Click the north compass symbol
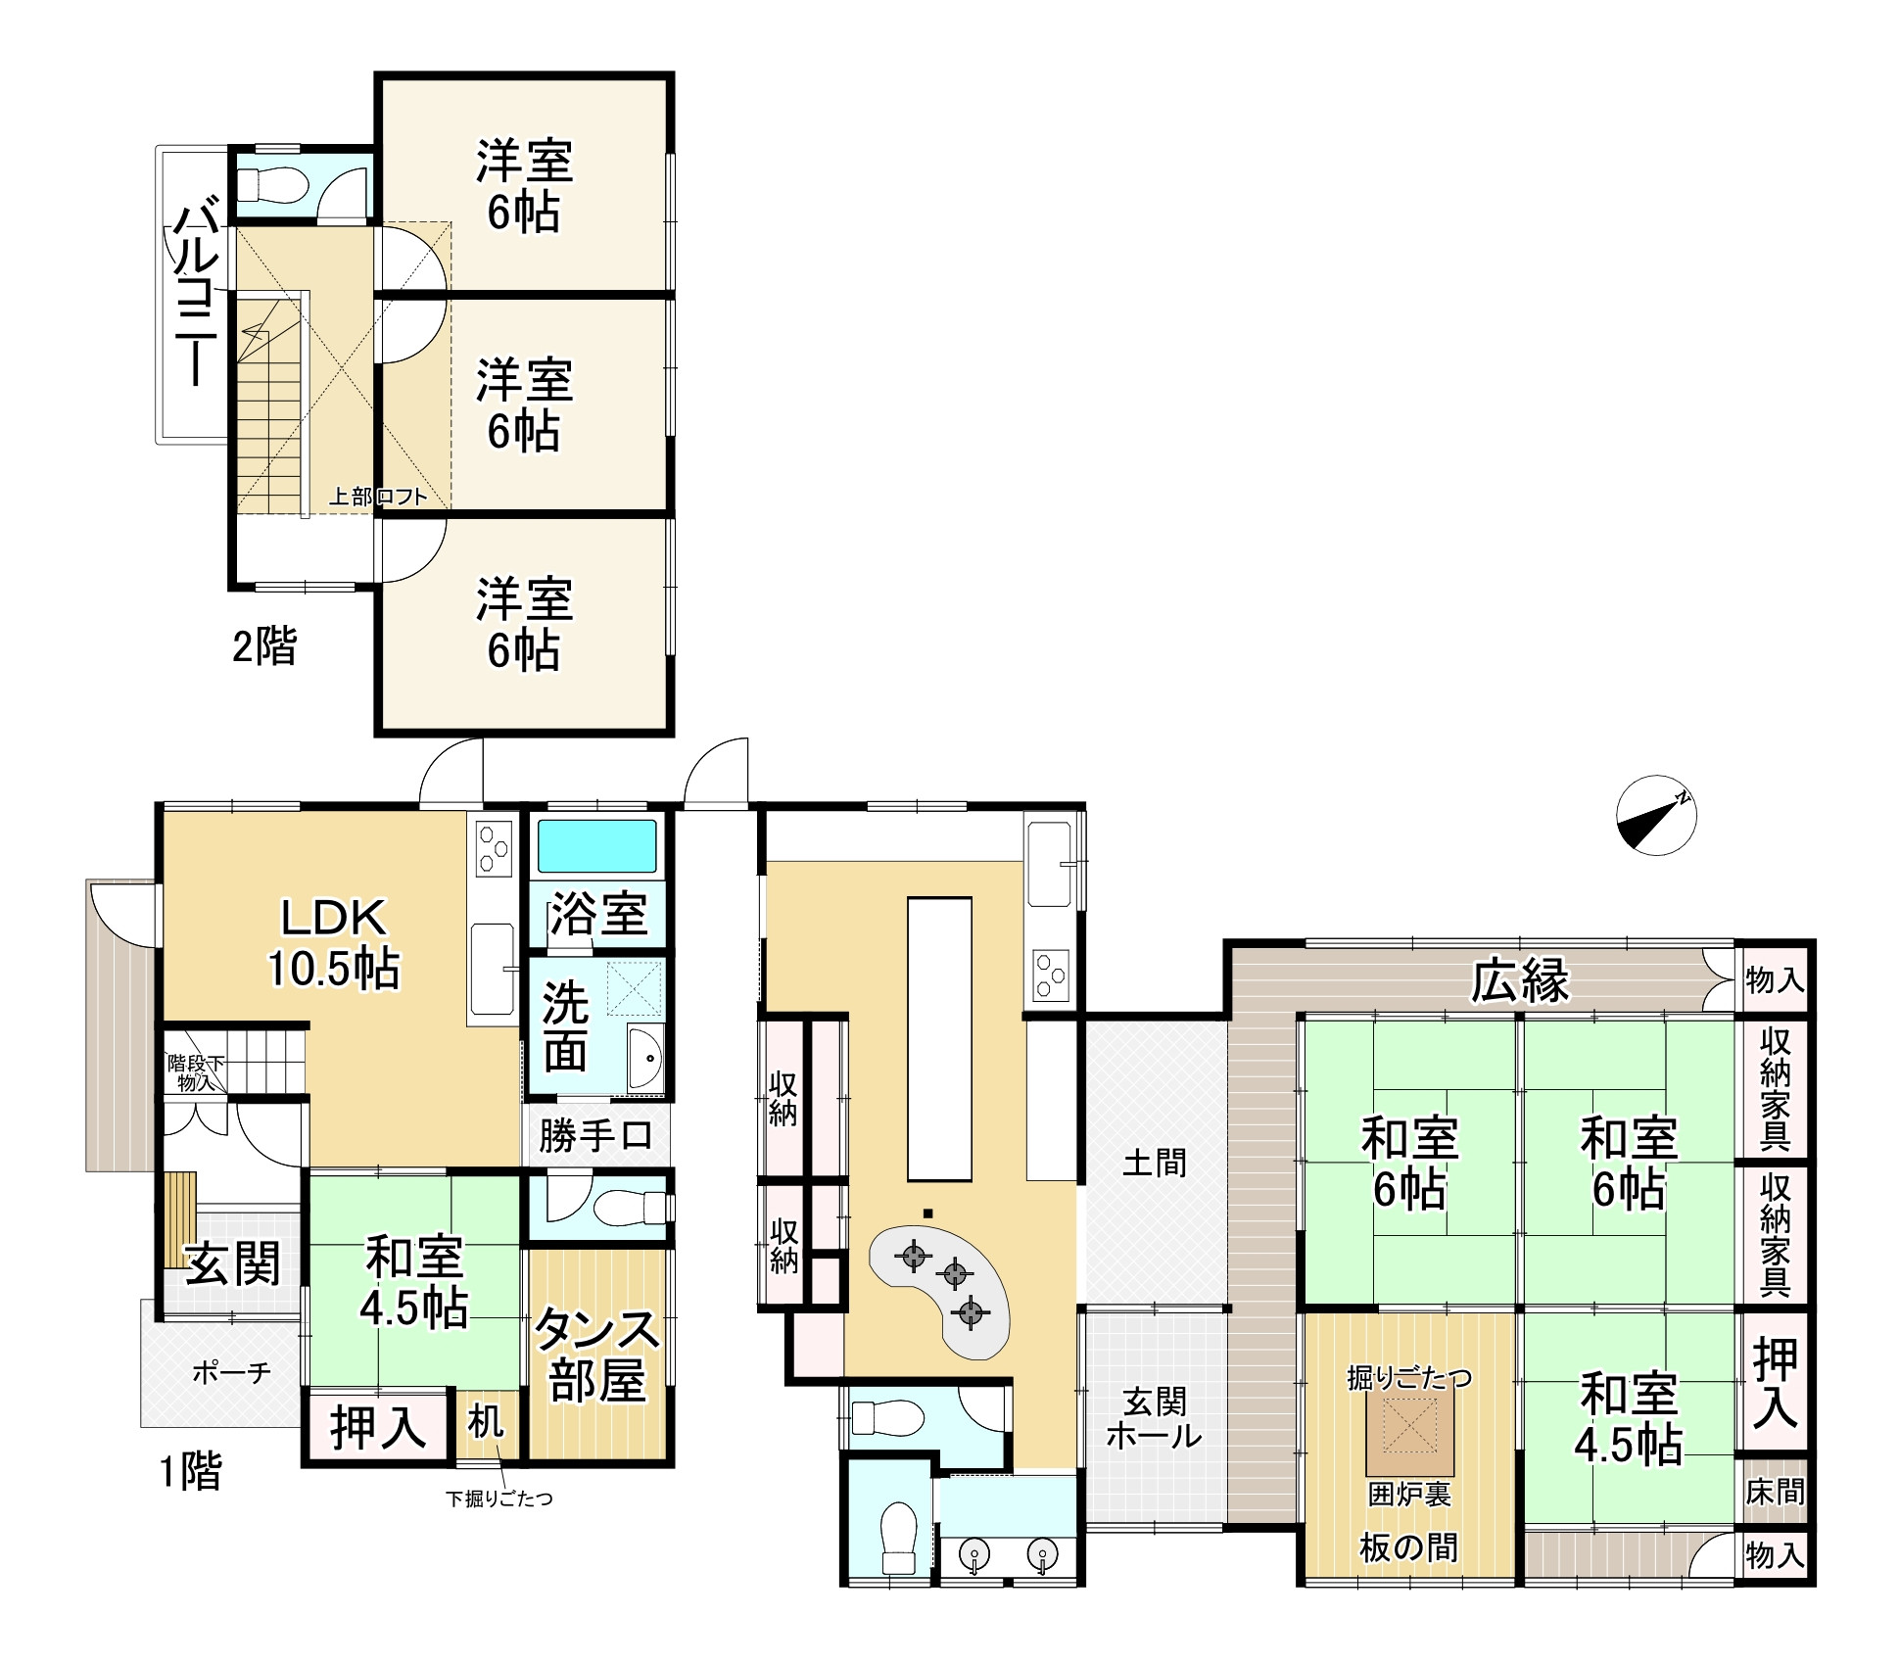[x=1656, y=815]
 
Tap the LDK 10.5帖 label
[x=334, y=943]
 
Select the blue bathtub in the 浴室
[x=596, y=846]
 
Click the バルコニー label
[x=197, y=292]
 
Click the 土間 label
[x=1155, y=1163]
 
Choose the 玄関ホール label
[x=1155, y=1418]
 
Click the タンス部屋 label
[x=596, y=1355]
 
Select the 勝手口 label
[x=595, y=1136]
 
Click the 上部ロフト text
[x=378, y=497]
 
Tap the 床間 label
[x=1775, y=1491]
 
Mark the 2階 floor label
[x=263, y=646]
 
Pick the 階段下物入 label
[x=196, y=1072]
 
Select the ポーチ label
[x=231, y=1372]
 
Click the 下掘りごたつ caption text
[x=499, y=1498]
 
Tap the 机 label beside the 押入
[x=486, y=1422]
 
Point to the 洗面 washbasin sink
[x=645, y=1058]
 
